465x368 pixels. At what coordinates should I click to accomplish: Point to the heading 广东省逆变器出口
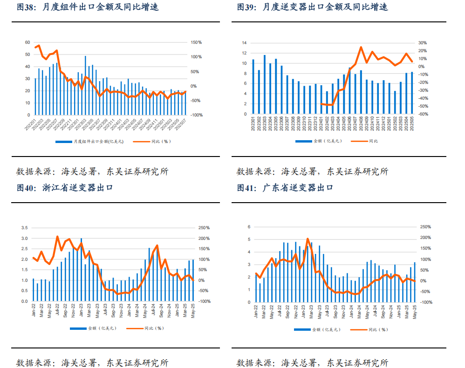coord(298,188)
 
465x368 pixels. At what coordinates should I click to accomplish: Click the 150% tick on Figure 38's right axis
coord(196,42)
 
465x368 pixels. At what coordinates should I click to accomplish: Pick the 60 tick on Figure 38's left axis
coord(27,42)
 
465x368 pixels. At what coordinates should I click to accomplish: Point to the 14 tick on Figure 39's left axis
coord(244,42)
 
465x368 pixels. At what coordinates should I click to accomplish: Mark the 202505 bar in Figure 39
coord(412,93)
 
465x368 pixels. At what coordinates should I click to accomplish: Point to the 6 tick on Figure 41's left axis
coord(249,227)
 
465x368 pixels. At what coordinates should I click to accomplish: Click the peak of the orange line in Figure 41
coord(308,239)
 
